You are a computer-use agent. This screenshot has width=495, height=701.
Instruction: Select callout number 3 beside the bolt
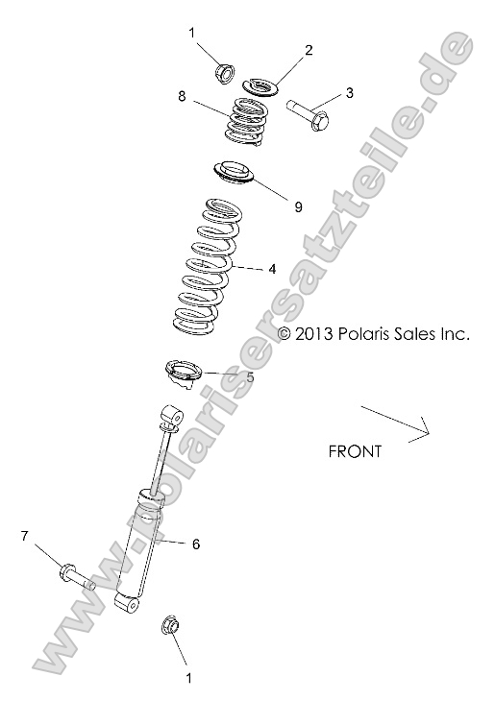[350, 93]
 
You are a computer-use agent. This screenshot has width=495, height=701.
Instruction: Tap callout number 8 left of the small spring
[182, 96]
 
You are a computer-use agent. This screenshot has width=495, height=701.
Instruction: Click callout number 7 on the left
[25, 535]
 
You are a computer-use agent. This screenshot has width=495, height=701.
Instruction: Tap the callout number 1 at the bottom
[188, 676]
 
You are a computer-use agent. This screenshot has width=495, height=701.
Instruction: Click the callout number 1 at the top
[191, 33]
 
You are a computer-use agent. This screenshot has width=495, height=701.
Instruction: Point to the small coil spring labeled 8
[247, 124]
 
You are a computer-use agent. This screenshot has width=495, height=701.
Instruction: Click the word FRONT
[355, 450]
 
